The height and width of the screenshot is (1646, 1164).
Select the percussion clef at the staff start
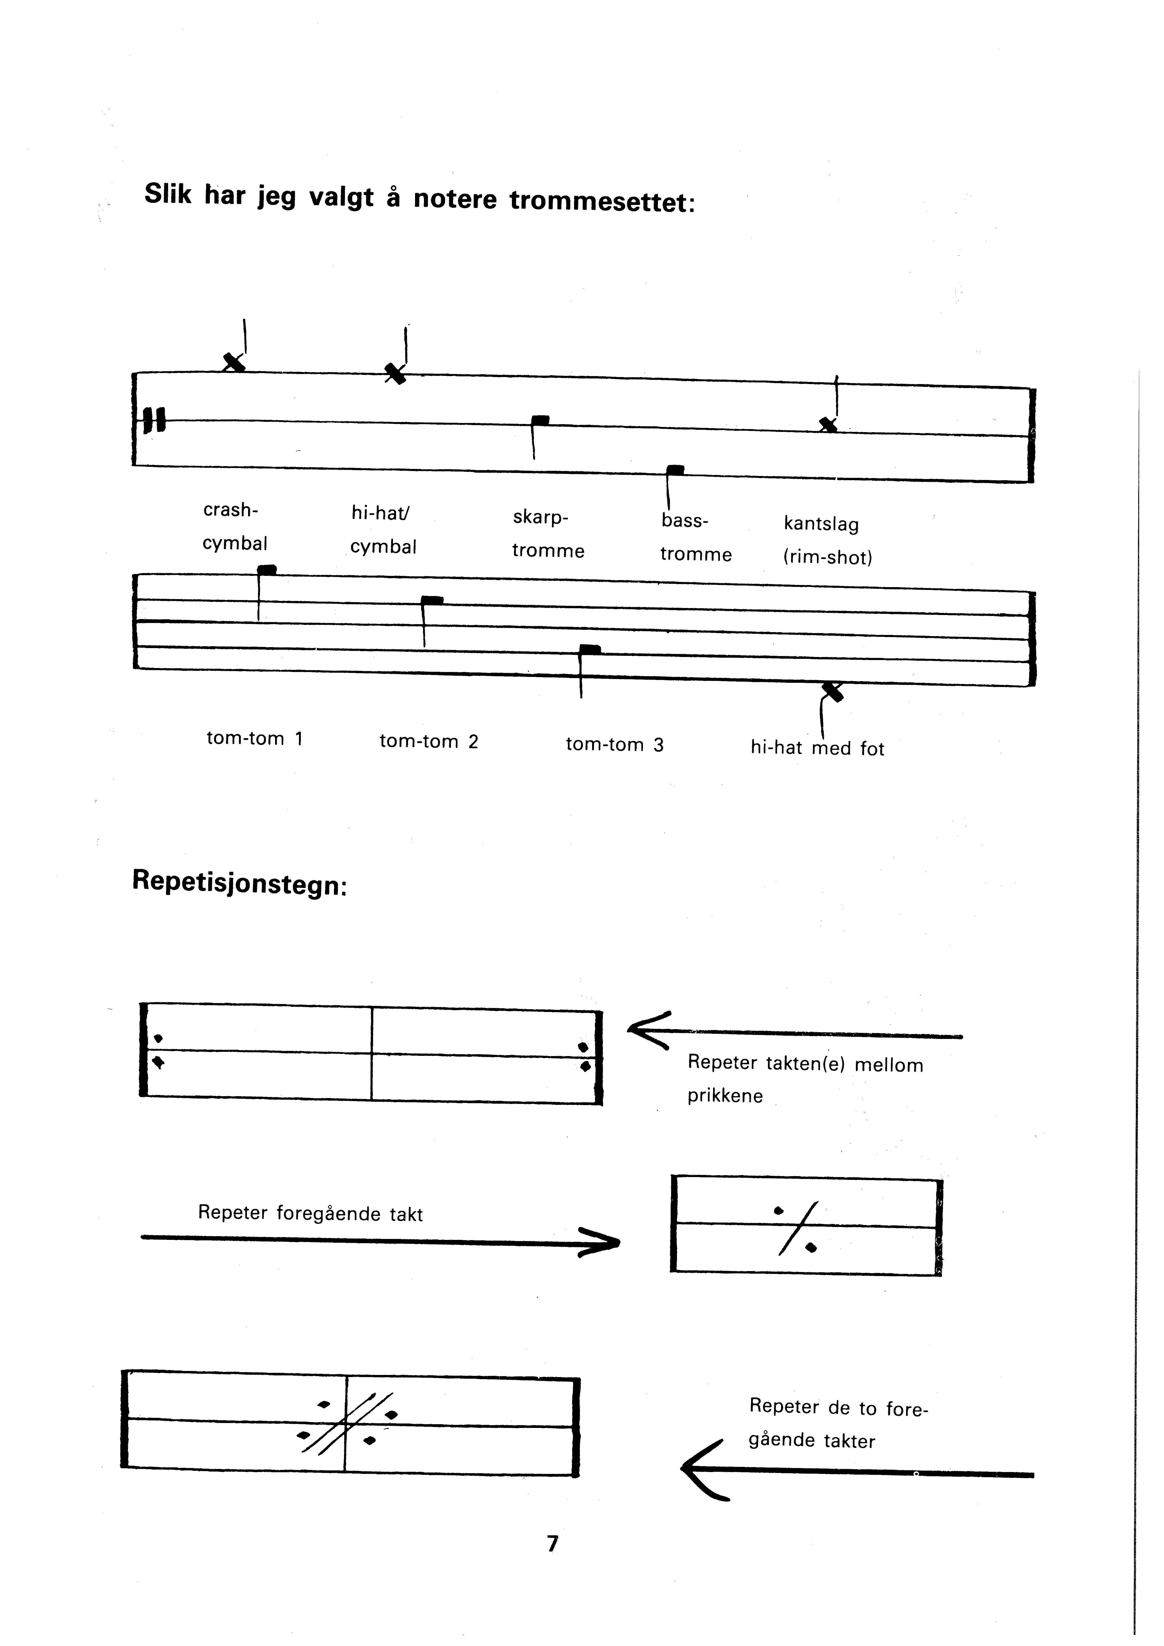click(153, 420)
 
